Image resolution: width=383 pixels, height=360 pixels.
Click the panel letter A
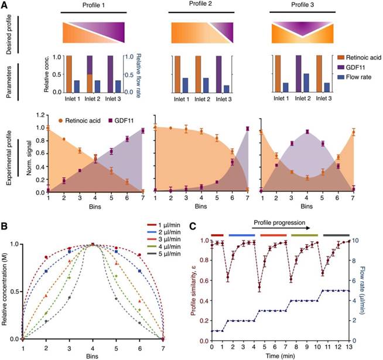[x=6, y=5]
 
